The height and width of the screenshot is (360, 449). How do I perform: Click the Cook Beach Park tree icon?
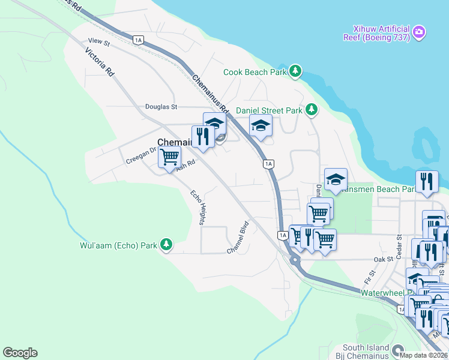point(295,71)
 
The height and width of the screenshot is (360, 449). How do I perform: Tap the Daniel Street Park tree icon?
point(311,110)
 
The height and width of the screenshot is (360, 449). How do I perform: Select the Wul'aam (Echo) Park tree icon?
point(166,245)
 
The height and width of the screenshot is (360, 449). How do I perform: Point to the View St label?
point(99,41)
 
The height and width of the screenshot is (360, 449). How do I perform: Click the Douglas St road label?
point(161,107)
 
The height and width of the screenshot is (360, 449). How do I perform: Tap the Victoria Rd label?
point(100,62)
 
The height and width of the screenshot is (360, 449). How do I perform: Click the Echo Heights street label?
point(198,207)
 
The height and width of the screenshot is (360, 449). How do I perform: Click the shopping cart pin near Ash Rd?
point(169,157)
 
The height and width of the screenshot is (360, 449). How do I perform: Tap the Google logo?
point(20,353)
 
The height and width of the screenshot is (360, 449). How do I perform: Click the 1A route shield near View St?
point(139,40)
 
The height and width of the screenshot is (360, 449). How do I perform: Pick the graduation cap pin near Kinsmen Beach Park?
point(336,179)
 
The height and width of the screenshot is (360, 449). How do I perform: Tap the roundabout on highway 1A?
point(294,260)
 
